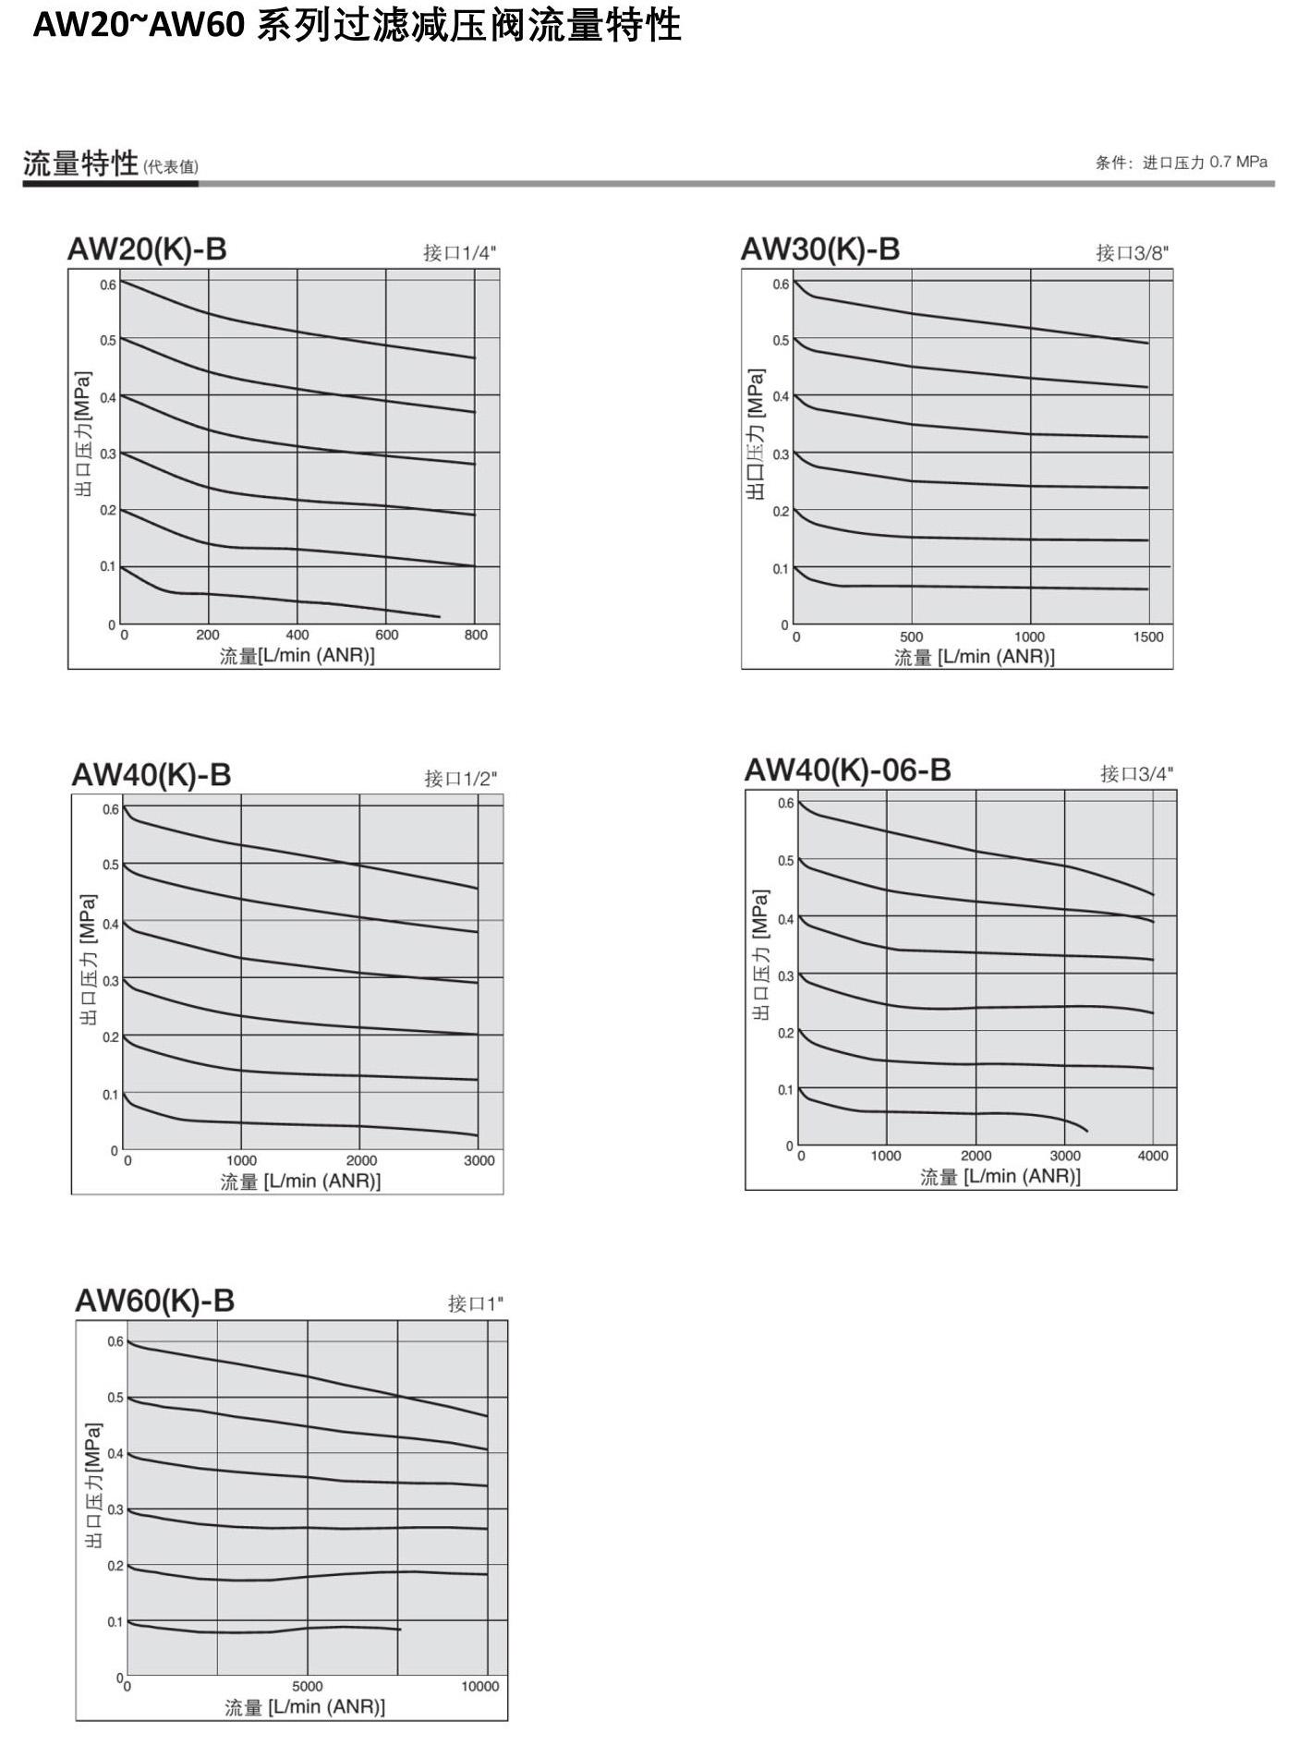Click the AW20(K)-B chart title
[x=147, y=249]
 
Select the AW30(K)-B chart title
[x=820, y=249]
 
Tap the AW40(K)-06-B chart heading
[x=848, y=770]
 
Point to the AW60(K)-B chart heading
[x=155, y=1301]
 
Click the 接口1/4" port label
[x=460, y=253]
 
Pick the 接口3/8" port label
[x=1133, y=253]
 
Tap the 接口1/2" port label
[x=461, y=779]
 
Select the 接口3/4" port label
[x=1137, y=774]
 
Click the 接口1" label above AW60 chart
[x=476, y=1303]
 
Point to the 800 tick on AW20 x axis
[x=476, y=635]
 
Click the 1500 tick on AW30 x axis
[x=1148, y=636]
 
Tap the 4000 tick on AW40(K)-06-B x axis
[x=1153, y=1156]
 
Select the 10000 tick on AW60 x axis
[x=480, y=1686]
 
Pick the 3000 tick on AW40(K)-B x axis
[x=479, y=1160]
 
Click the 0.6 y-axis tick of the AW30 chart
[x=782, y=284]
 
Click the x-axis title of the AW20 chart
[x=297, y=656]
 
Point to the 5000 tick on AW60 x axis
[x=308, y=1686]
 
